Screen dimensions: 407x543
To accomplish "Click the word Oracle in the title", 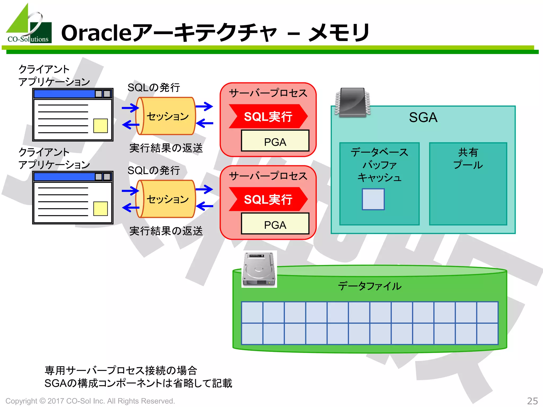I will [96, 33].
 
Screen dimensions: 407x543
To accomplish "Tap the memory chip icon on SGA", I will [352, 103].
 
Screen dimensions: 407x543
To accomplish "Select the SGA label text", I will [423, 117].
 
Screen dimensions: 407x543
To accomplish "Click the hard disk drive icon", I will [259, 269].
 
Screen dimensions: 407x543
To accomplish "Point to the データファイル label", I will [370, 286].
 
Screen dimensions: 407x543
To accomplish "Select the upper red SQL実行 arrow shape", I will [268, 116].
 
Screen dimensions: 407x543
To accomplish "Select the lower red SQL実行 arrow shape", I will [268, 199].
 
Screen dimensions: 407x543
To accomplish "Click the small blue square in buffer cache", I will [373, 199].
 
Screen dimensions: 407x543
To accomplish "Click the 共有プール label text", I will [468, 158].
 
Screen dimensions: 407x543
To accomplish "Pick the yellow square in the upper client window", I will [100, 126].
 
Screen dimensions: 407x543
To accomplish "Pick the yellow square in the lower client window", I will [100, 209].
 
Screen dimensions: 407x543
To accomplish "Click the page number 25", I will [532, 401].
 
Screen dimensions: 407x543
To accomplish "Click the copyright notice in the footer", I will [90, 401].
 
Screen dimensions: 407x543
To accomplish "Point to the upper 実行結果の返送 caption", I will [166, 148].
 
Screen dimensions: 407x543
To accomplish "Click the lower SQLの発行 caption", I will [154, 170].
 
